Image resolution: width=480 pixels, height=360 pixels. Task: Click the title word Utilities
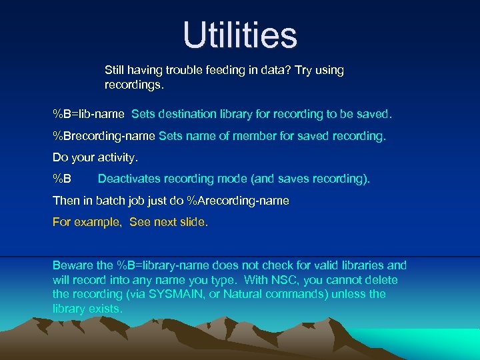240,35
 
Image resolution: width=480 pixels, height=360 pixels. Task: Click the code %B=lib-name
88,114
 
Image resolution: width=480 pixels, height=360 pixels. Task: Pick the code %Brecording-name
104,136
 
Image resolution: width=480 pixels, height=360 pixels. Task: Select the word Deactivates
128,179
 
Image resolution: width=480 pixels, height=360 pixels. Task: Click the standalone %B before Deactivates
62,179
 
